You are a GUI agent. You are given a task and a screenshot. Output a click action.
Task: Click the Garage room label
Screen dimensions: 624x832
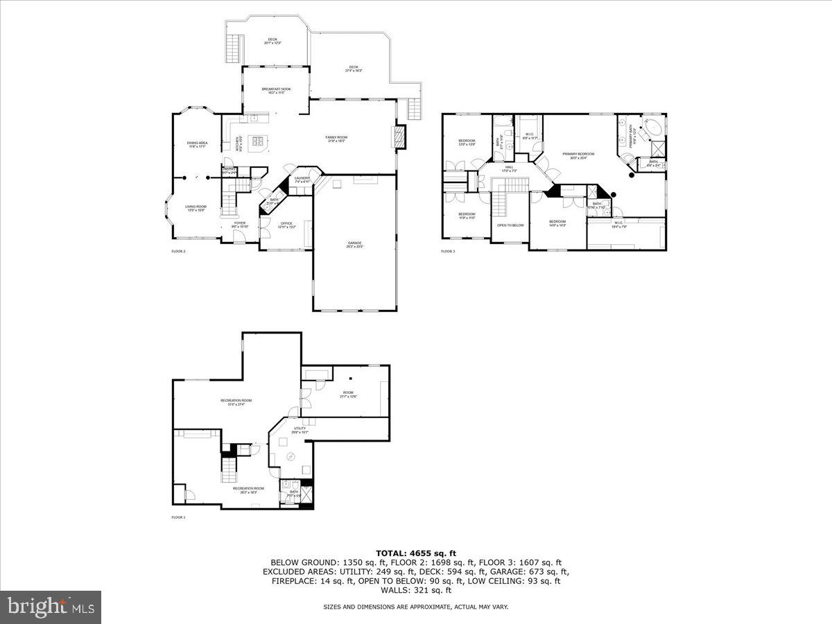(x=355, y=245)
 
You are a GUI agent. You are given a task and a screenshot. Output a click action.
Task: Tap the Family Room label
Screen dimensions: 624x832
(x=336, y=139)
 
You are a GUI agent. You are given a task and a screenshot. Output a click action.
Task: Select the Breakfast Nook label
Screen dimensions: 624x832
(x=276, y=90)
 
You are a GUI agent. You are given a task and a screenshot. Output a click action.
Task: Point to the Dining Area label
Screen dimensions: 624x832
(x=197, y=144)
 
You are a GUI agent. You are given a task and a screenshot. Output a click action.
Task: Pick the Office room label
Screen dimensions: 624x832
(x=286, y=225)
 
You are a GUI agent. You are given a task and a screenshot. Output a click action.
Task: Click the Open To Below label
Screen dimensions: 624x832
(x=510, y=225)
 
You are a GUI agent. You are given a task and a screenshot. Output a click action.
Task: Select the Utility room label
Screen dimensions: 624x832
(x=300, y=430)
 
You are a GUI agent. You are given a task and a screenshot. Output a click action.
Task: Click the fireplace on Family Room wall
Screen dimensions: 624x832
(x=399, y=136)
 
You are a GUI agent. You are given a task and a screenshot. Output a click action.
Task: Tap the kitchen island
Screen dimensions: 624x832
(x=259, y=142)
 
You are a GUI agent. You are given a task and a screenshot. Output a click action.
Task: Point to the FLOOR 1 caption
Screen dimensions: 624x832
(x=178, y=517)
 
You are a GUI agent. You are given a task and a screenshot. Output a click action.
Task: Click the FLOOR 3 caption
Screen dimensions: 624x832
(x=448, y=252)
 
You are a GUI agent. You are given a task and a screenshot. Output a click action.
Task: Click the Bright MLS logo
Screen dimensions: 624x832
(x=51, y=607)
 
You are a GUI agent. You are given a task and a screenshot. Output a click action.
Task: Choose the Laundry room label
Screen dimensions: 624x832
(x=302, y=180)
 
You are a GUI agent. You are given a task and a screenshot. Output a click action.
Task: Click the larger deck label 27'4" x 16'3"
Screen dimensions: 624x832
(x=354, y=69)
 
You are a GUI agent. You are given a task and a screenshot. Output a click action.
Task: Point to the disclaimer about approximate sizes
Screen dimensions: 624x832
(x=416, y=607)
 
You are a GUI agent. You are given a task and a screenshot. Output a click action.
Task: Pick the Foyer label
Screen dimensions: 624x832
(x=240, y=224)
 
